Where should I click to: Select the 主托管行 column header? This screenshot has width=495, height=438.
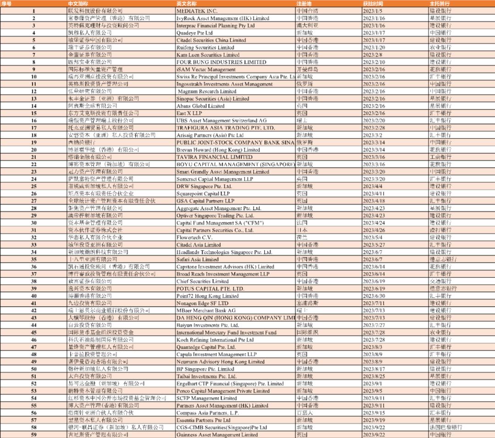pos(440,3)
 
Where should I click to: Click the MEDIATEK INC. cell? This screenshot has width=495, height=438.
pos(197,11)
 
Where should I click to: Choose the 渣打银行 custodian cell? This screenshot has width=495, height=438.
pos(440,230)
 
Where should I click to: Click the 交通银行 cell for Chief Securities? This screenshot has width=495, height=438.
pos(440,281)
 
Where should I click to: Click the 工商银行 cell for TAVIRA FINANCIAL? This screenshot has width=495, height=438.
pos(440,157)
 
